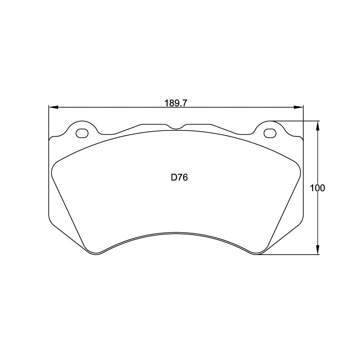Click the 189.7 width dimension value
(x=176, y=103)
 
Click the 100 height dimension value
(x=317, y=188)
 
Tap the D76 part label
(x=179, y=178)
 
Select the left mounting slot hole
(x=82, y=133)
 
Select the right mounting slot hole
(x=269, y=133)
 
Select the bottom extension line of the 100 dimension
(x=291, y=255)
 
